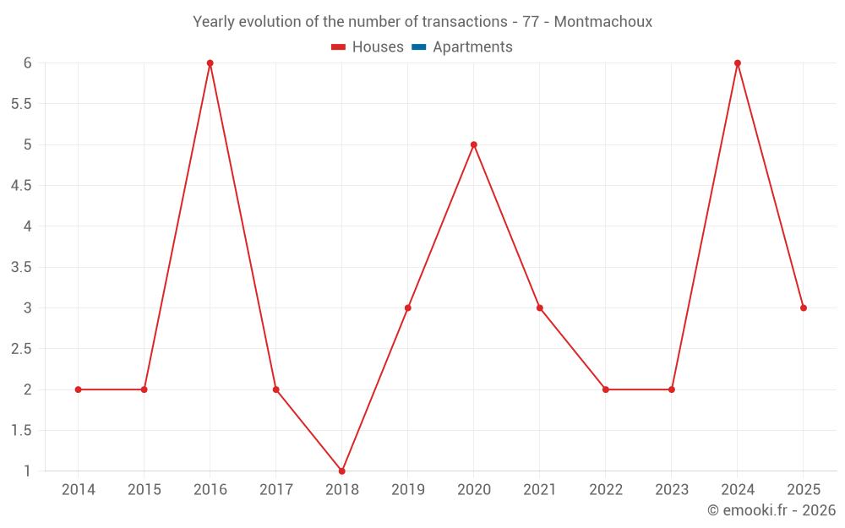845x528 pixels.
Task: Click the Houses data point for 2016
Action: pos(210,63)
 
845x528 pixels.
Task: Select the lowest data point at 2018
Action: pos(342,471)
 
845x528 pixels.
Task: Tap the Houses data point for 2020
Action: pos(474,144)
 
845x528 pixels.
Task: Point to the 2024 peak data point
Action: pos(738,63)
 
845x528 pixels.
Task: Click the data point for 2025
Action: pos(804,308)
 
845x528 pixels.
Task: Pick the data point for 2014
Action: pos(79,389)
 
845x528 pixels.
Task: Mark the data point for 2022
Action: pos(606,389)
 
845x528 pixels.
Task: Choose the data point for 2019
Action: pos(408,308)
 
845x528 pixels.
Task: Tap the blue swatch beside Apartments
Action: pos(418,47)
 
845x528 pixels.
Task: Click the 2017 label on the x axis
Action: pos(276,490)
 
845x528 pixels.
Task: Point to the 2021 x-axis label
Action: pos(540,490)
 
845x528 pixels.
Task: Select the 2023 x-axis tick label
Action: pos(672,490)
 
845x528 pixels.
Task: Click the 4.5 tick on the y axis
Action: pos(21,186)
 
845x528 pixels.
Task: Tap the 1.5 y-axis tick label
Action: pos(21,431)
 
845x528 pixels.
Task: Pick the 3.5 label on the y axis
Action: pos(21,267)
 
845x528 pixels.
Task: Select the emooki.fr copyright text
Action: pos(771,510)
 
